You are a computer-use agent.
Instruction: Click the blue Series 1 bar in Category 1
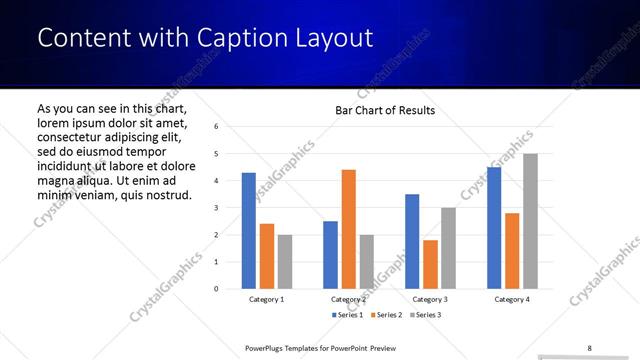249,231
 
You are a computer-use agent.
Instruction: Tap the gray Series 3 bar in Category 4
530,221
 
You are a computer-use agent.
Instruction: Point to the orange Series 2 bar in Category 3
430,264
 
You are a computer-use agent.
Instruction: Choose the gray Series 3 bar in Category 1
285,262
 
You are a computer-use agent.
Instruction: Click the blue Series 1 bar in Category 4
494,228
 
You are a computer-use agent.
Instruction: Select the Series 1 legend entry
348,315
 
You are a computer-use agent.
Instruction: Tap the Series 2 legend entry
385,315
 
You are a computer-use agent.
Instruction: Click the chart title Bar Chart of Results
385,110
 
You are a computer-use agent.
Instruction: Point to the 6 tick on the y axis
217,127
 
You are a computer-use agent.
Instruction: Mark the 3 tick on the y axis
217,208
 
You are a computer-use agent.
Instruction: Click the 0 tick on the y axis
217,289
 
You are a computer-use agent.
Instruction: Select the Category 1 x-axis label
267,299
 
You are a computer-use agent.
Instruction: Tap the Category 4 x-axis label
512,299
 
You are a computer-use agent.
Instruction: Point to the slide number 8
589,348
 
